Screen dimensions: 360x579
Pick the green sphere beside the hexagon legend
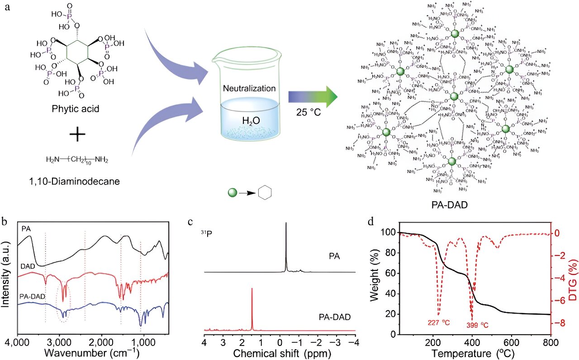coord(233,193)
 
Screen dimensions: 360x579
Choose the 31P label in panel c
coord(207,234)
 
